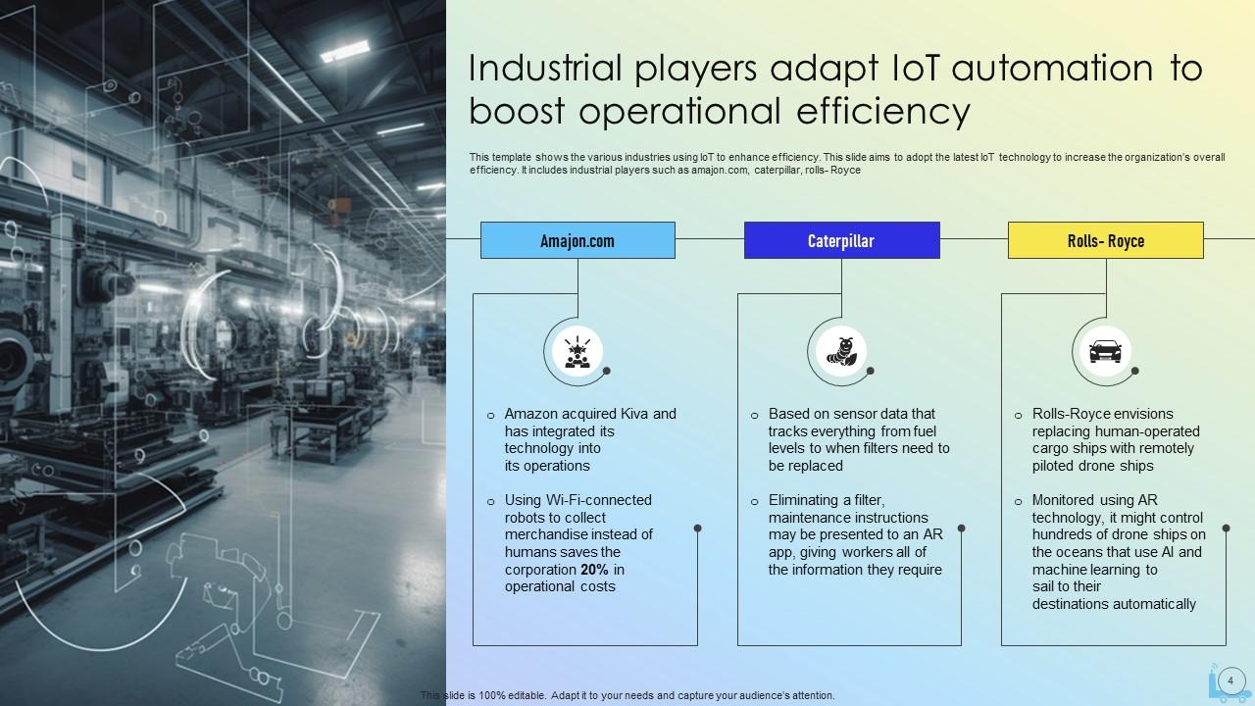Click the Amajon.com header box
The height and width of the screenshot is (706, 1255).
(x=577, y=240)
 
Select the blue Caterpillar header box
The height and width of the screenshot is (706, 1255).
(x=841, y=240)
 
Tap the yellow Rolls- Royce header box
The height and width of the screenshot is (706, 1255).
(x=1105, y=240)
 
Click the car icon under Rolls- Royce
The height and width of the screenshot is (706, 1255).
(x=1105, y=351)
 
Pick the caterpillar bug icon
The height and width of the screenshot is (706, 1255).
(x=841, y=351)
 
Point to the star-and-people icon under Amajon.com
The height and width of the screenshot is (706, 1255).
(x=577, y=352)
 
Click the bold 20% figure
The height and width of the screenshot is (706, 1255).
(x=594, y=570)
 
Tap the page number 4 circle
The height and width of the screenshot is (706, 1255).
(x=1230, y=681)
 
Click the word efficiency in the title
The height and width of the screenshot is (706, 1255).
(x=883, y=111)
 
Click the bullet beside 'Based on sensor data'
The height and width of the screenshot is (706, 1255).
(x=754, y=416)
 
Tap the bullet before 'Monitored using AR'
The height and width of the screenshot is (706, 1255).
(x=1018, y=502)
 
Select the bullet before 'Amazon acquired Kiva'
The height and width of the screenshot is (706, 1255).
(x=491, y=416)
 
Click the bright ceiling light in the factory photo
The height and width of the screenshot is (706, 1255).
(x=344, y=50)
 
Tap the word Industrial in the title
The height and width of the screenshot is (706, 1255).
(x=545, y=69)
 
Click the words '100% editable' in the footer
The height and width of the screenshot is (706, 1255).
(x=512, y=695)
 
